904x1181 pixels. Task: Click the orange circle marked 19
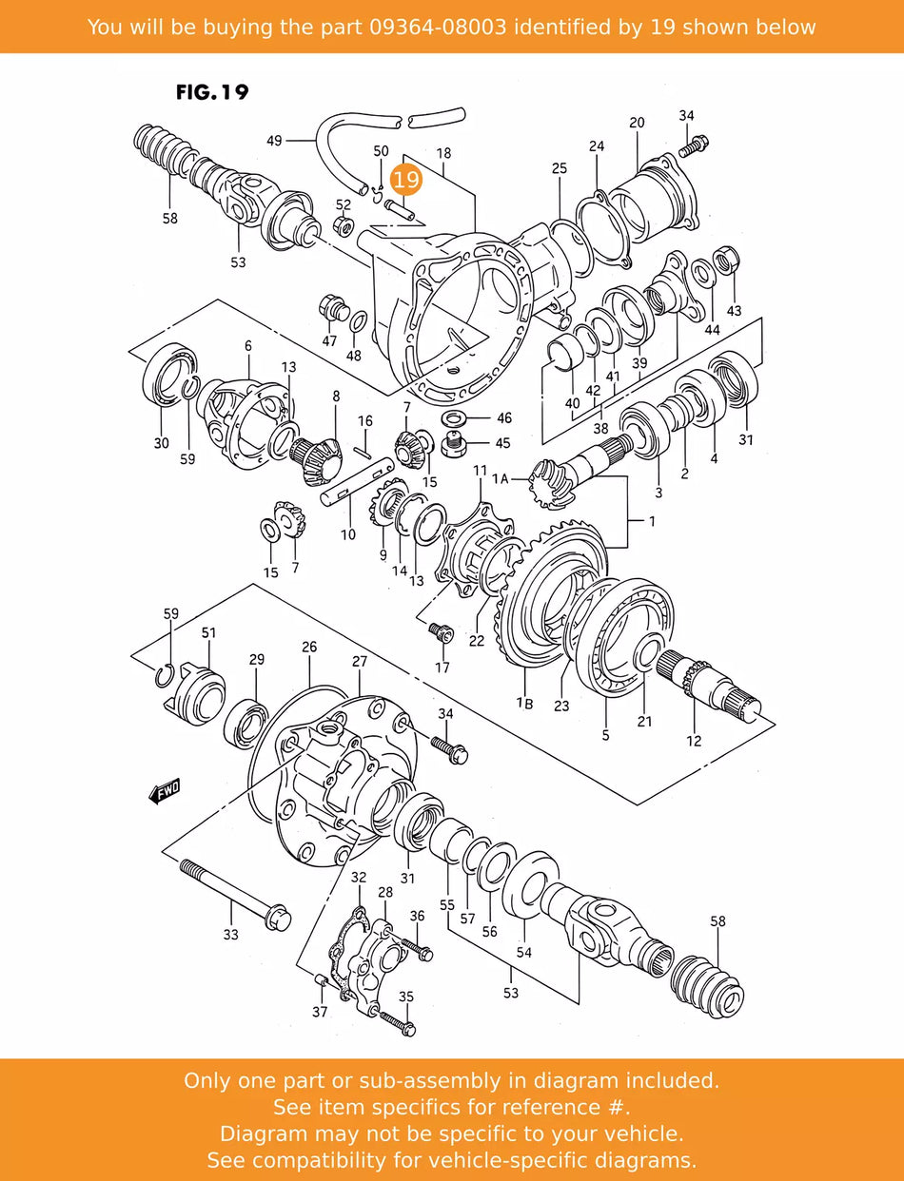pyautogui.click(x=406, y=179)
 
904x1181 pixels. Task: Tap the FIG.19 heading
pyautogui.click(x=212, y=92)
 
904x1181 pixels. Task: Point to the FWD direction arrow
pyautogui.click(x=165, y=791)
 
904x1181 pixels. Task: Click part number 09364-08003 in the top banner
pyautogui.click(x=437, y=27)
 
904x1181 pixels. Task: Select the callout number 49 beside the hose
pyautogui.click(x=274, y=141)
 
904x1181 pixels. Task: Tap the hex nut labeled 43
pyautogui.click(x=726, y=261)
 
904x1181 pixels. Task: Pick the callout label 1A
pyautogui.click(x=501, y=477)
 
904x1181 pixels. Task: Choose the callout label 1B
pyautogui.click(x=525, y=702)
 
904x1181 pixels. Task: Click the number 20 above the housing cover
pyautogui.click(x=637, y=123)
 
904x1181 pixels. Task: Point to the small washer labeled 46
pyautogui.click(x=455, y=417)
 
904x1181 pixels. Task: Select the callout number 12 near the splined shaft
pyautogui.click(x=694, y=741)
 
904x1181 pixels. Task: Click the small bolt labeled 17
pyautogui.click(x=441, y=632)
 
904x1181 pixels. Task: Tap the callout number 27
pyautogui.click(x=359, y=661)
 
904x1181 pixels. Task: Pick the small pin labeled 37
pyautogui.click(x=322, y=979)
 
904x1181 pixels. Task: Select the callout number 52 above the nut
pyautogui.click(x=343, y=204)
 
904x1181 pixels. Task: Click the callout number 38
pyautogui.click(x=600, y=428)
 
